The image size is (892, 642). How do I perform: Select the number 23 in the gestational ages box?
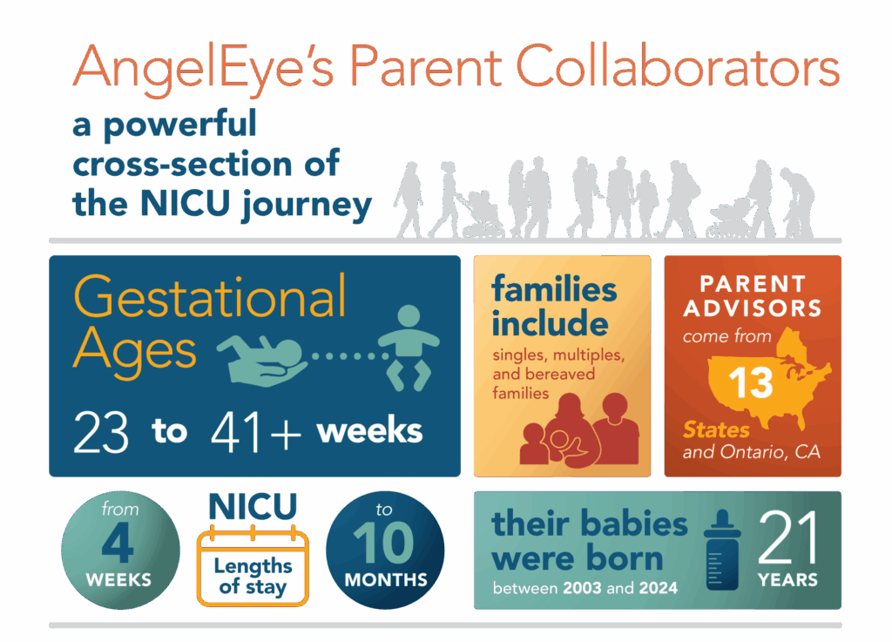point(101,432)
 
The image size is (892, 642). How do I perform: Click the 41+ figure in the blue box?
point(255,432)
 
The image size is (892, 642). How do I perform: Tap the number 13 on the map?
point(750,382)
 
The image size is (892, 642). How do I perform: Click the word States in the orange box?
point(716,430)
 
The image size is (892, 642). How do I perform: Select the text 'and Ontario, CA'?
point(752,452)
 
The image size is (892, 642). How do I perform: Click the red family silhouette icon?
point(579,429)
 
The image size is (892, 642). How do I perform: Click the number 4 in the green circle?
point(118,544)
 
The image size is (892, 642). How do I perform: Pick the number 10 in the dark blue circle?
point(383,544)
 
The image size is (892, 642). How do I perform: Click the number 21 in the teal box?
point(787,537)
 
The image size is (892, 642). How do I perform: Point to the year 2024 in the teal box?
point(659,588)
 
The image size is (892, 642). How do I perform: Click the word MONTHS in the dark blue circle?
point(386,580)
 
